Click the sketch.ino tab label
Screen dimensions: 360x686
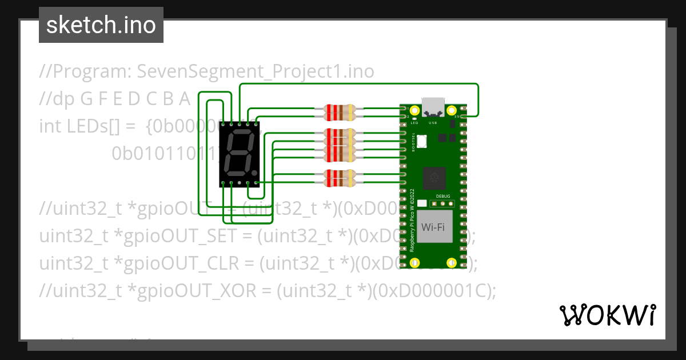101,25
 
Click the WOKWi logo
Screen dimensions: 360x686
607,315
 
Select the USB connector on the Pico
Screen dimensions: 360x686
433,107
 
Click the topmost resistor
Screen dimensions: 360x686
340,111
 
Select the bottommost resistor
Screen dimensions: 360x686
340,178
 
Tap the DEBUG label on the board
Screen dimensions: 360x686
443,195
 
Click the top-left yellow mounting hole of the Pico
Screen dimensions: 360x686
416,110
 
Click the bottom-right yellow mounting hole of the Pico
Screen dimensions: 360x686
451,263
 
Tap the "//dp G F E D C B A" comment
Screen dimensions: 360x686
115,99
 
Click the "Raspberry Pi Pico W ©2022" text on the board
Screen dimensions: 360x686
412,219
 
